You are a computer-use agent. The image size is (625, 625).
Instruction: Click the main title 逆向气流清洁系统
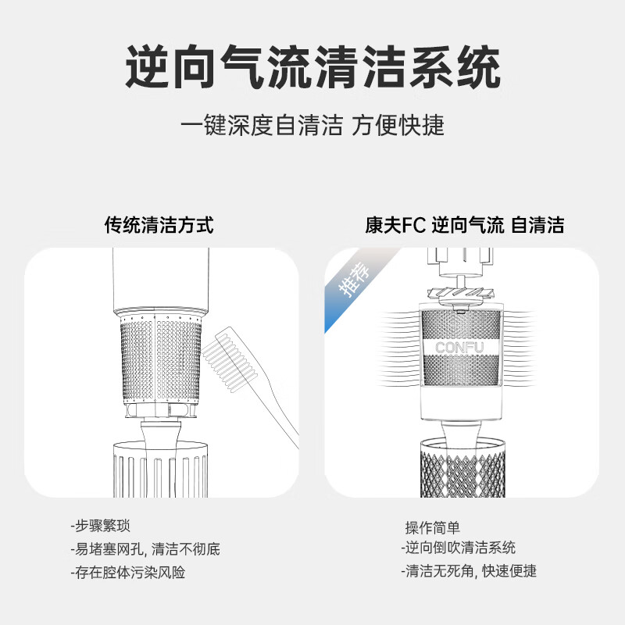pos(312,69)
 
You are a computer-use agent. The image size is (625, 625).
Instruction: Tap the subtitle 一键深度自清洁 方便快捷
pos(312,125)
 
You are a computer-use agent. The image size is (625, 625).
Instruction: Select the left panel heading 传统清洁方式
pos(159,226)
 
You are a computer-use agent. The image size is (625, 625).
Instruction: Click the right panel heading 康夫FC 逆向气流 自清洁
pos(464,226)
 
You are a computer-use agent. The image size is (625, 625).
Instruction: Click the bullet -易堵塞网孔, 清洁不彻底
pos(145,548)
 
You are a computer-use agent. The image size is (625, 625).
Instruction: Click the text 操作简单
pos(432,527)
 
